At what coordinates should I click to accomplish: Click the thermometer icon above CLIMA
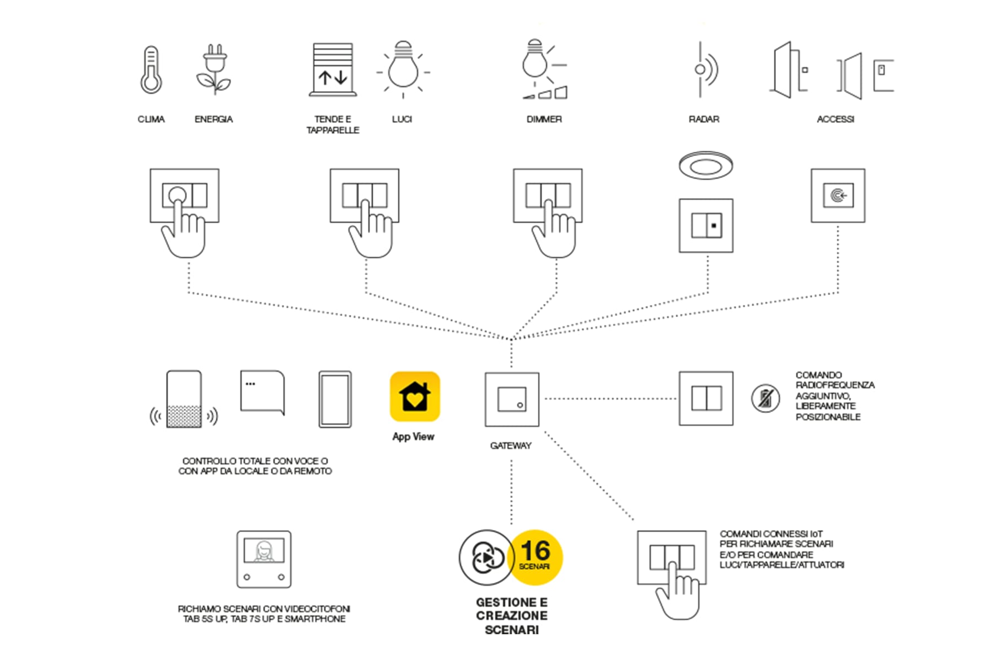tap(151, 70)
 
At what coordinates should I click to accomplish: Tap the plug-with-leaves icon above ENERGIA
tap(214, 70)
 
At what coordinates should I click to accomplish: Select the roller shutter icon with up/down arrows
tap(333, 70)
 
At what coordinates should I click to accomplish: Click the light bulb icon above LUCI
tap(403, 69)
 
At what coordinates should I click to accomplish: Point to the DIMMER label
tap(544, 119)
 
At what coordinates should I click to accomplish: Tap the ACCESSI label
tap(835, 119)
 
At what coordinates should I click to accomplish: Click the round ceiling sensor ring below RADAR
tap(705, 165)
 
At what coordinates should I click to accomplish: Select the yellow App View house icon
tap(415, 396)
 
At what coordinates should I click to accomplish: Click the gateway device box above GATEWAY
tap(512, 399)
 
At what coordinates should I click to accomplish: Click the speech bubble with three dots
tap(263, 392)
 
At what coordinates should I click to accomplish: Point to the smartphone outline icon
tap(335, 399)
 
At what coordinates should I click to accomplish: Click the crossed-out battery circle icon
tap(765, 398)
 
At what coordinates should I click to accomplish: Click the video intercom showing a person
tap(264, 559)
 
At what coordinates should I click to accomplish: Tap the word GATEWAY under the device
tap(511, 446)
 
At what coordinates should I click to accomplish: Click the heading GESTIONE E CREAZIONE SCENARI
tap(512, 616)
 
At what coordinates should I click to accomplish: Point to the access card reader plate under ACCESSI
tap(837, 196)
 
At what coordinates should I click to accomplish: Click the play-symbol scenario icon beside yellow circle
tap(486, 558)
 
